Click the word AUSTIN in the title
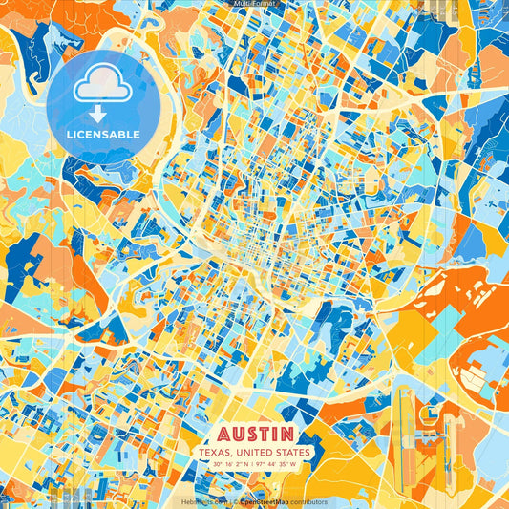pyautogui.click(x=255, y=435)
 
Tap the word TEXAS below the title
pyautogui.click(x=216, y=452)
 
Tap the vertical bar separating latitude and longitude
pyautogui.click(x=254, y=464)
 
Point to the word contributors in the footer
pyautogui.click(x=308, y=501)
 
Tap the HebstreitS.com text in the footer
pyautogui.click(x=203, y=501)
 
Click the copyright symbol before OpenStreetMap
pyautogui.click(x=235, y=501)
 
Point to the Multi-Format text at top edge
pyautogui.click(x=254, y=4)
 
